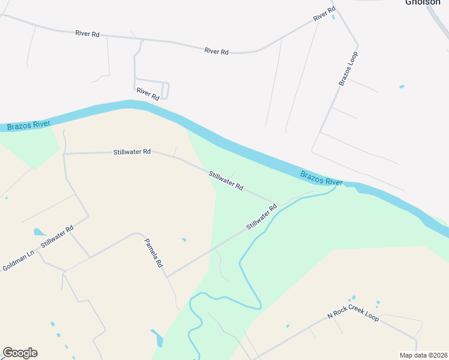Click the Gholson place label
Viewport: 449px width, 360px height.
coord(424,2)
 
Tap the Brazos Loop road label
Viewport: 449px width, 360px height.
coord(348,68)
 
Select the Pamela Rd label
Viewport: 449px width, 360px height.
coord(154,253)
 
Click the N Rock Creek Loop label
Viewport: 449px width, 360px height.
coord(353,316)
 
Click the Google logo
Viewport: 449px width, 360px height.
coord(20,353)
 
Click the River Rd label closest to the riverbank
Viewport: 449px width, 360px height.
coord(148,93)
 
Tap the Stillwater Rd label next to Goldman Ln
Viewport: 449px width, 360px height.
coord(56,237)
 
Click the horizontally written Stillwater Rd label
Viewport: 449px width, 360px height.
coord(132,152)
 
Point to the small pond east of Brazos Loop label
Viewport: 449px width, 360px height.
coord(402,87)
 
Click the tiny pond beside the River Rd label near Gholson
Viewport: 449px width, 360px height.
coord(333,17)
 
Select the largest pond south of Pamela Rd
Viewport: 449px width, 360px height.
coord(157,338)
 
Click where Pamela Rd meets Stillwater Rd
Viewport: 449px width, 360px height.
coord(167,277)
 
